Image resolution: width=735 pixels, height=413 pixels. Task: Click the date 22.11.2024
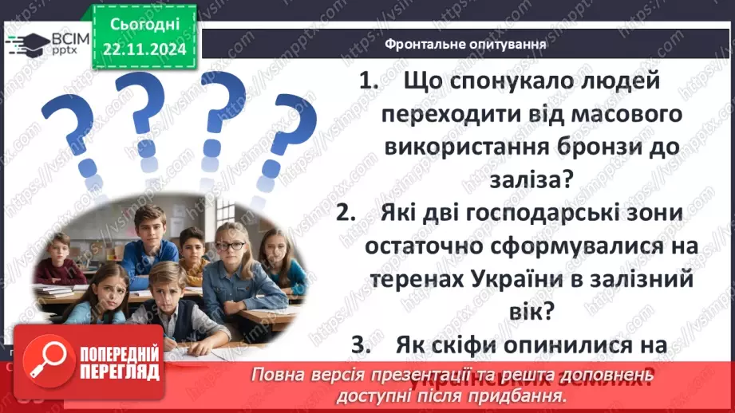145,50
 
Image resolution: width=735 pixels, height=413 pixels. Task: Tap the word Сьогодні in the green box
145,27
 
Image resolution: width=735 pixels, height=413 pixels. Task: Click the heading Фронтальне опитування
465,45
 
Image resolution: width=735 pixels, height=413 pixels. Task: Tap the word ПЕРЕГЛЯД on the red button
118,372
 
